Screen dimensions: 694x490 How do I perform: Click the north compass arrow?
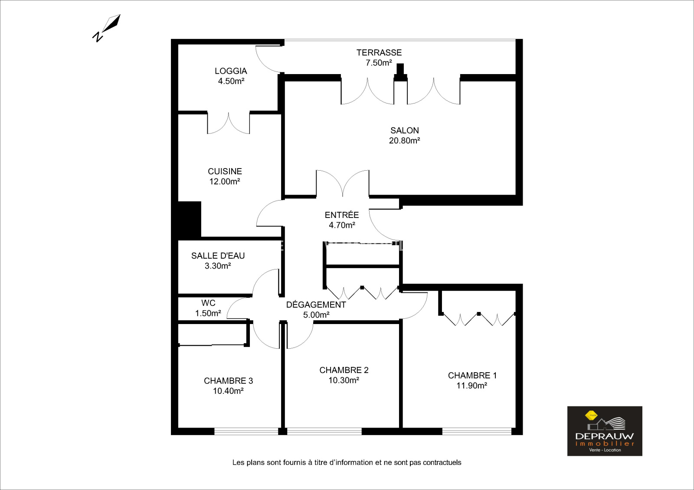[107, 28]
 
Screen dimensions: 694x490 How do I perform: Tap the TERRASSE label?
[379, 52]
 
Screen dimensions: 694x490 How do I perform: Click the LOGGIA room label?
[231, 71]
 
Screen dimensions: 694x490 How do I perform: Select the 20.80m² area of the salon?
[404, 140]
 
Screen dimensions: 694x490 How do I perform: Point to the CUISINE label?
[225, 171]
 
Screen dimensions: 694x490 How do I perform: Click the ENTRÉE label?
[341, 214]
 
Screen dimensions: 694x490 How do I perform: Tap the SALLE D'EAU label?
[218, 256]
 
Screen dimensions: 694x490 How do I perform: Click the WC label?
[208, 303]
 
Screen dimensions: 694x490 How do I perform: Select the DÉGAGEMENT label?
[316, 304]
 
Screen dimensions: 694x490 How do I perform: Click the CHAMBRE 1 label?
[472, 376]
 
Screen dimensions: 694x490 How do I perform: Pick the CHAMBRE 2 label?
[344, 370]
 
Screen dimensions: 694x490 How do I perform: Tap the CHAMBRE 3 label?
[228, 381]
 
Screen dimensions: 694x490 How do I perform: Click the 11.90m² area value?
[471, 386]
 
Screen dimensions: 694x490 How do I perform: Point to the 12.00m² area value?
[225, 182]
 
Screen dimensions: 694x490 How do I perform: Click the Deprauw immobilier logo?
[605, 431]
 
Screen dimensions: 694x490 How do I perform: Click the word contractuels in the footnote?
[442, 462]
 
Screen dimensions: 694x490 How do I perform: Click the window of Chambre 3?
[246, 431]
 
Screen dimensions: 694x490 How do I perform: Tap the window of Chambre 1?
[477, 431]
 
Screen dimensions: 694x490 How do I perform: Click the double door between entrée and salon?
[343, 183]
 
